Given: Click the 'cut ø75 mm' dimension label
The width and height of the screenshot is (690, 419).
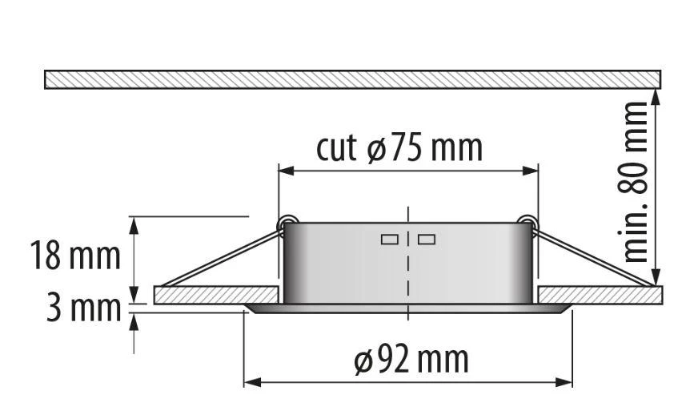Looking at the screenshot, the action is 399,147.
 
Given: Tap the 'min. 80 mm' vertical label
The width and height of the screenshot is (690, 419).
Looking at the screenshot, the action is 636,182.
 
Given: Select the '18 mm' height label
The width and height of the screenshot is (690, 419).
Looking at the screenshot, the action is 75,256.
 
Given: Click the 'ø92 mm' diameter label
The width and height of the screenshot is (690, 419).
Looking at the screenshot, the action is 411,360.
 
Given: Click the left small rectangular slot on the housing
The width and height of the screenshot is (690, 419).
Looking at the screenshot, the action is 390,240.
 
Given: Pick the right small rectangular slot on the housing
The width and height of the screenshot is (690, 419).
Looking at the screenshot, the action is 427,240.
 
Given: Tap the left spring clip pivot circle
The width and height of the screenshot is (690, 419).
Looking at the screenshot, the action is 288,222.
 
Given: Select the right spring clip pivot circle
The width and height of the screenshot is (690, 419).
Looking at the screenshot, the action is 527,222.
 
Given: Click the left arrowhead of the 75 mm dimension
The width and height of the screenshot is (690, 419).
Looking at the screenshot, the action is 287,171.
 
